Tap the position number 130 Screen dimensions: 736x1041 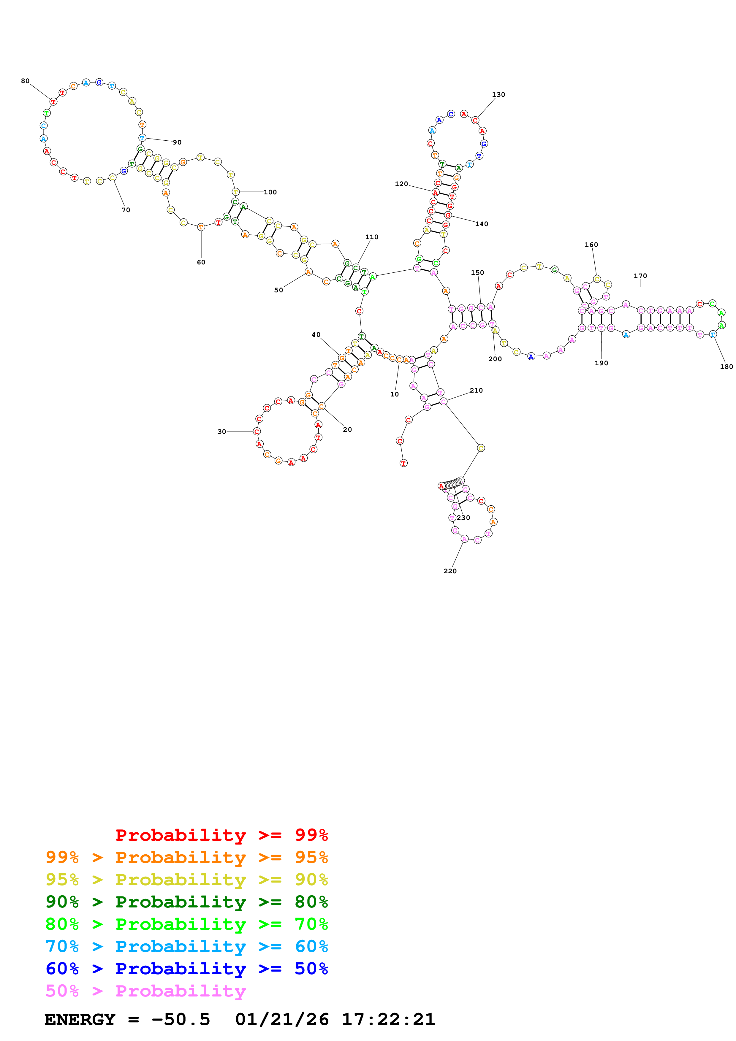(x=498, y=95)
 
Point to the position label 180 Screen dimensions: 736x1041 (x=726, y=367)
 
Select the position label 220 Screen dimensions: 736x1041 (x=450, y=571)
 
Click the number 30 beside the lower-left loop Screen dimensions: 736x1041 (x=221, y=432)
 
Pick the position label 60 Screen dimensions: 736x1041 (x=201, y=263)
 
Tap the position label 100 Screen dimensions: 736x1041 (x=270, y=192)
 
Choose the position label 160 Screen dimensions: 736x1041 (x=591, y=245)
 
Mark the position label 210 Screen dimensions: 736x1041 (x=476, y=391)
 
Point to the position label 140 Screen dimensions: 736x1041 (x=482, y=224)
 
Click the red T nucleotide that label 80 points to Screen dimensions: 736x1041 (x=53, y=101)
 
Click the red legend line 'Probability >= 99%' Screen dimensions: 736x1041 (x=221, y=835)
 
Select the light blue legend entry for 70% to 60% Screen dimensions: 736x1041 (x=186, y=947)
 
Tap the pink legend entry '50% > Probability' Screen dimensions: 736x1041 (x=145, y=991)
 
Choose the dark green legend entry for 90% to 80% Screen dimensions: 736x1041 (x=186, y=902)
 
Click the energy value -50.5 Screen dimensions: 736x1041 (x=181, y=1020)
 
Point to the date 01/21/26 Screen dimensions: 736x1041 (x=282, y=1020)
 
